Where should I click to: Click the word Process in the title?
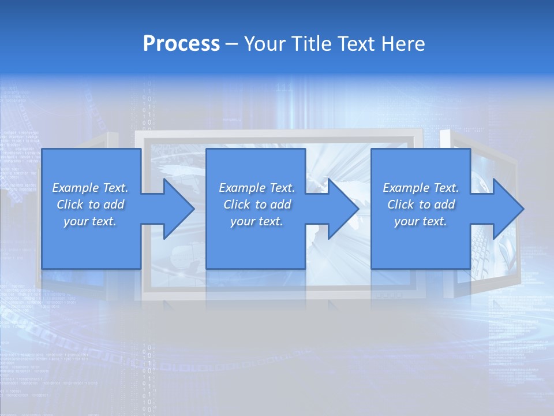pyautogui.click(x=181, y=44)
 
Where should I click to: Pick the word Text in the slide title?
pyautogui.click(x=358, y=44)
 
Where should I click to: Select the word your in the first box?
pyautogui.click(x=76, y=222)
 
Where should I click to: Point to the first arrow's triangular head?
pyautogui.click(x=179, y=209)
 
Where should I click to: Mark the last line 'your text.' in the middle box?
pyautogui.click(x=256, y=222)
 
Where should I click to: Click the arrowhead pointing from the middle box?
pyautogui.click(x=343, y=209)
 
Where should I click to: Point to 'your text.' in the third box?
pyautogui.click(x=420, y=222)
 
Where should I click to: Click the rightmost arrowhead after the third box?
pyautogui.click(x=508, y=209)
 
